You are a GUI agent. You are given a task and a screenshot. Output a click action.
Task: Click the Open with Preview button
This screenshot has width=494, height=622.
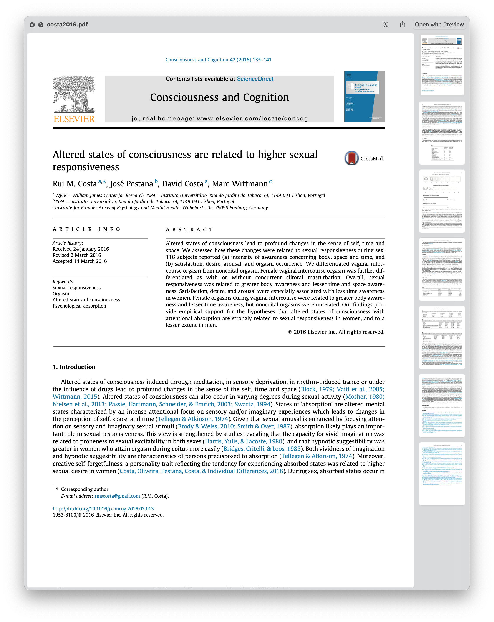[x=439, y=25]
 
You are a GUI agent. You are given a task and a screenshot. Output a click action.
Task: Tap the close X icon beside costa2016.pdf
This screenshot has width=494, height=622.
[x=32, y=25]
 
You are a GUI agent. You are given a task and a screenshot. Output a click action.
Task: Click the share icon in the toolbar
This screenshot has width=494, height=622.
[x=403, y=25]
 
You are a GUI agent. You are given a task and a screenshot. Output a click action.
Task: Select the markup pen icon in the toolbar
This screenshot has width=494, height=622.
[x=385, y=25]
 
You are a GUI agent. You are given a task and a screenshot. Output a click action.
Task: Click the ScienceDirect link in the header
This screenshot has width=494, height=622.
[x=255, y=79]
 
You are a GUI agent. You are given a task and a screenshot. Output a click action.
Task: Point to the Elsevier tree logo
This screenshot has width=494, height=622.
[x=74, y=95]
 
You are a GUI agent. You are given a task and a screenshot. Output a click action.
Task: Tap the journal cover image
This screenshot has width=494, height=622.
[x=364, y=96]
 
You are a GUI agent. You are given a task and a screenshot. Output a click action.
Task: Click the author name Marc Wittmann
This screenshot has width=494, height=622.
[x=240, y=184]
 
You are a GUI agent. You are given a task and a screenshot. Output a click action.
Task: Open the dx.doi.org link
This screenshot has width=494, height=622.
[x=103, y=509]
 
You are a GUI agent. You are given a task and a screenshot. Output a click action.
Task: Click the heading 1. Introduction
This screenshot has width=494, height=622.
[x=74, y=367]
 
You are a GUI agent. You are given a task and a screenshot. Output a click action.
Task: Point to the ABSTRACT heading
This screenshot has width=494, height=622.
[x=189, y=230]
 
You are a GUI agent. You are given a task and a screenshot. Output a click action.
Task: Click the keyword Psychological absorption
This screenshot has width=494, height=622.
[x=79, y=306]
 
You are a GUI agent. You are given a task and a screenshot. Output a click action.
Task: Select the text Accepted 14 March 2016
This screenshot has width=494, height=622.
[x=80, y=261]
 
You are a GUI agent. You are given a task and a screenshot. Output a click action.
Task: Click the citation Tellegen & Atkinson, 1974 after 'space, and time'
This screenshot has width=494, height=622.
[x=193, y=419]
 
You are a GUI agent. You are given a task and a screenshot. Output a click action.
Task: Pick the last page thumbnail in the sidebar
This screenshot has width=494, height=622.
[x=442, y=473]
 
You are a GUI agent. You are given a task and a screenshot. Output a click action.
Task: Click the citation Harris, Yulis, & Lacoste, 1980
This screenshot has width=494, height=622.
[x=243, y=441]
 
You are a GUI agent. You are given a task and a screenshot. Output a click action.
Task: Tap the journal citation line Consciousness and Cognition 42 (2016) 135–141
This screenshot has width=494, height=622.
[x=218, y=60]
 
